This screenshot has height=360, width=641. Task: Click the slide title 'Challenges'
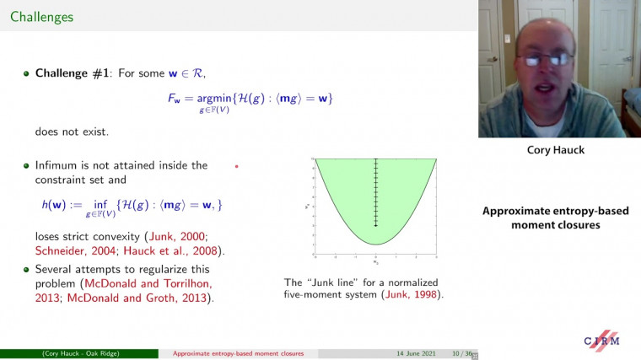click(41, 17)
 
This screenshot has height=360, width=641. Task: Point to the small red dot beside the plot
click(237, 167)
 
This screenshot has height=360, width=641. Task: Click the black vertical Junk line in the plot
click(375, 194)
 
